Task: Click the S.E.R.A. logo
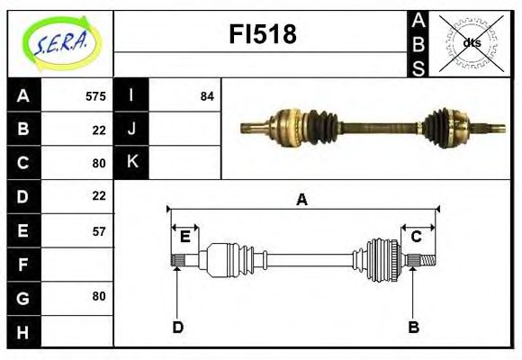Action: [60, 42]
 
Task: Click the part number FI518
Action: [264, 35]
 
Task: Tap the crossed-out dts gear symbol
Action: [471, 42]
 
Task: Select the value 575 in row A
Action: [95, 95]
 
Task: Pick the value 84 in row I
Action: [207, 95]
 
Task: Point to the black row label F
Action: [23, 264]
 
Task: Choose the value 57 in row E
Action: [99, 230]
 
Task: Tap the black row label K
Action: [132, 162]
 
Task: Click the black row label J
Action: [132, 129]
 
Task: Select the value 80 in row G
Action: [99, 296]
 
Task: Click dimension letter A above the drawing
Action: [301, 200]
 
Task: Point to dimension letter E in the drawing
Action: [184, 237]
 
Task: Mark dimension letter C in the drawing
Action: [417, 237]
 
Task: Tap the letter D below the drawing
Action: [177, 327]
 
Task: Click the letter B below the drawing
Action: [413, 327]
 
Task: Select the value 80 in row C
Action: [99, 163]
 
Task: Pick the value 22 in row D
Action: [99, 195]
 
